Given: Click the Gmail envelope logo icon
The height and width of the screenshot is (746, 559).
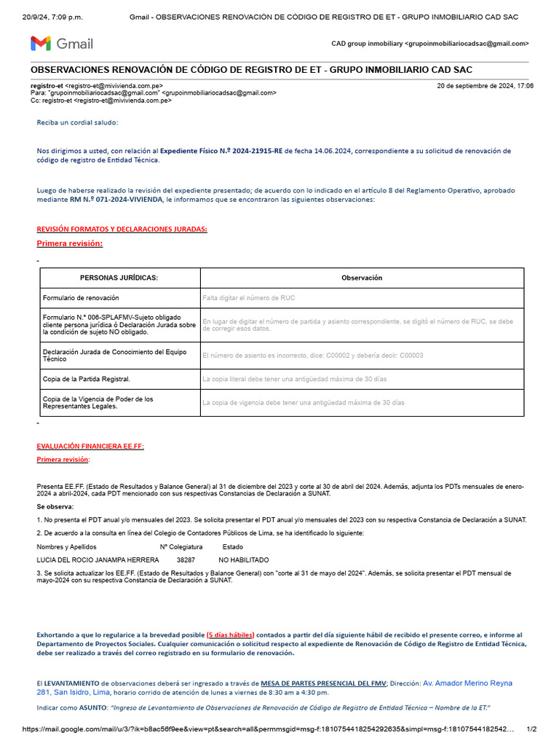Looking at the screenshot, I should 41,44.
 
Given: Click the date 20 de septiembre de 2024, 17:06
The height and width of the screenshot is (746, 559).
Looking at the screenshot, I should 485,86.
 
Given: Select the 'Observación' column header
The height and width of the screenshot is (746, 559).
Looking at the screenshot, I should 362,278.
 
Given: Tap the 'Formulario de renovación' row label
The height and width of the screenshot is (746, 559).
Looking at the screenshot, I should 81,298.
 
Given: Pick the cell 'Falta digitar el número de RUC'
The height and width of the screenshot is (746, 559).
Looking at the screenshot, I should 248,298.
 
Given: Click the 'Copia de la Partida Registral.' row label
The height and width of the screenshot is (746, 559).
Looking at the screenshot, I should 87,379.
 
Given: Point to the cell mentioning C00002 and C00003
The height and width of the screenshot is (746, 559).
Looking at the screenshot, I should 312,356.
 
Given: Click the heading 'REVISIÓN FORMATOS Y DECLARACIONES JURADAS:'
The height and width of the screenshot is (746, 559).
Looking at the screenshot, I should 122,229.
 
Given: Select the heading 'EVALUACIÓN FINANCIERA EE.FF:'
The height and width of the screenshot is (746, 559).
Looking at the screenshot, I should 90,447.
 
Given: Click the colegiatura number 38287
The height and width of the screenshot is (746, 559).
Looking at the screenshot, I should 186,559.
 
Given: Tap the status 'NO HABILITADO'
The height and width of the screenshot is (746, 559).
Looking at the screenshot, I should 244,559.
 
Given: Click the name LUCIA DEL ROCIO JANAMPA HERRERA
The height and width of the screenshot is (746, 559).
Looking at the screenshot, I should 98,559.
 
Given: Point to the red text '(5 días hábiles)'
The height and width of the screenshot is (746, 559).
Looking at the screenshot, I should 231,635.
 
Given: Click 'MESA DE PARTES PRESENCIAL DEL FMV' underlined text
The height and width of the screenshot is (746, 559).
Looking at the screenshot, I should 324,683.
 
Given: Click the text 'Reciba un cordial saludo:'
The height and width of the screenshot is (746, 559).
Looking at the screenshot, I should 77,122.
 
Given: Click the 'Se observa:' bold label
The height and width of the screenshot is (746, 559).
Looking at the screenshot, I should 55,506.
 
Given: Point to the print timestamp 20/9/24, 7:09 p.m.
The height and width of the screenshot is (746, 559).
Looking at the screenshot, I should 52,17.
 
